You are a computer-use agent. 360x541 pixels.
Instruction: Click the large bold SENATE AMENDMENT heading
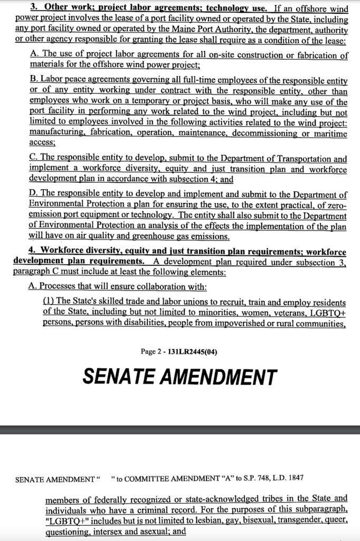pyautogui.click(x=179, y=377)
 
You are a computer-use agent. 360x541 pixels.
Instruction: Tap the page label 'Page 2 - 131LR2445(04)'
pyautogui.click(x=179, y=352)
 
